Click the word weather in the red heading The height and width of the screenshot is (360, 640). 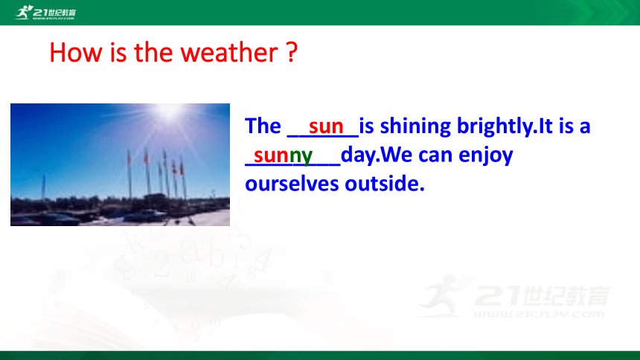click(x=229, y=52)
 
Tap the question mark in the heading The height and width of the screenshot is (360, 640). click(x=292, y=52)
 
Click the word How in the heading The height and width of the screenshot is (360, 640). click(x=75, y=52)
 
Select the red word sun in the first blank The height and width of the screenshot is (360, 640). click(x=326, y=126)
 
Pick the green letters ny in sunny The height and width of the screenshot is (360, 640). click(x=301, y=155)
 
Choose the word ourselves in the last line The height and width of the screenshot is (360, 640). click(x=292, y=183)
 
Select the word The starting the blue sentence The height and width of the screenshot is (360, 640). click(x=263, y=126)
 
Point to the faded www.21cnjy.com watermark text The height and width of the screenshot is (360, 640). click(x=539, y=314)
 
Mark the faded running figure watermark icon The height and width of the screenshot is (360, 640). click(x=442, y=295)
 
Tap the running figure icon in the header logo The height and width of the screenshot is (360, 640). click(x=24, y=12)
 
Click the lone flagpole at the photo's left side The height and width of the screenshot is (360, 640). click(x=43, y=187)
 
